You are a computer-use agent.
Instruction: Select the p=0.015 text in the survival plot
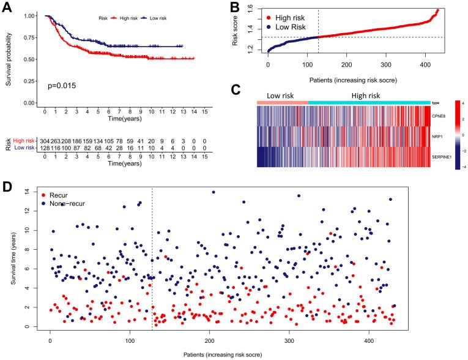tap(63, 81)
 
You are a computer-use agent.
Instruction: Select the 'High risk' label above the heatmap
tap(367, 96)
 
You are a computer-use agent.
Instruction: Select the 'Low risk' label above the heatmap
tap(282, 96)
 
